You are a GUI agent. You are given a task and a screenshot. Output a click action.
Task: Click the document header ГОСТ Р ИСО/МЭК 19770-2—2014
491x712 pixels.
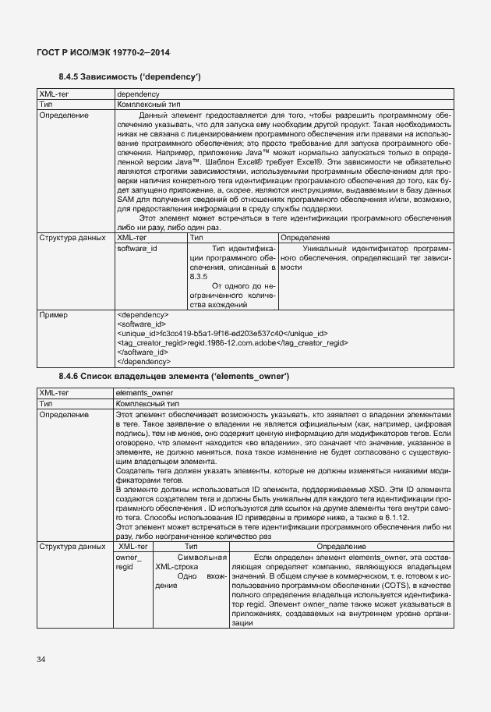[x=103, y=52]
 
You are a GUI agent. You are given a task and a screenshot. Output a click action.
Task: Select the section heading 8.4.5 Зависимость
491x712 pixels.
[x=130, y=76]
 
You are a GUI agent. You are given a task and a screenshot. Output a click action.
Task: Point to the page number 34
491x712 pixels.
[x=41, y=660]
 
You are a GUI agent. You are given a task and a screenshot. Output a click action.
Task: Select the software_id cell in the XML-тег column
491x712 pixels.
[x=136, y=247]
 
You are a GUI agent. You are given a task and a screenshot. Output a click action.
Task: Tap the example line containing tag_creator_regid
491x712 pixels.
[x=231, y=342]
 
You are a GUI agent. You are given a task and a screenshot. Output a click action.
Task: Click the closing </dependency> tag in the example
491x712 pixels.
[x=143, y=361]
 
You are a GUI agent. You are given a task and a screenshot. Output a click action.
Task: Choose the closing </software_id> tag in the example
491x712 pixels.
[x=141, y=352]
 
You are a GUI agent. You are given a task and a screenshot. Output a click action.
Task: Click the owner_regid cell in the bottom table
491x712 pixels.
[x=129, y=562]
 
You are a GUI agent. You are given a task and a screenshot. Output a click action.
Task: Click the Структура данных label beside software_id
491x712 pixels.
[x=73, y=237]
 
